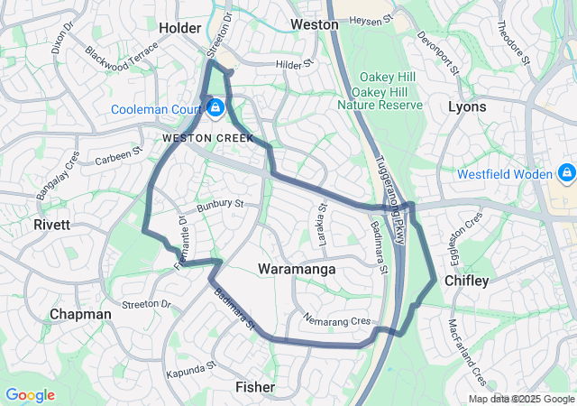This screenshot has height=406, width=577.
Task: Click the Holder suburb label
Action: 179,28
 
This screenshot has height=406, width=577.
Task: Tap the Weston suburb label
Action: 314,23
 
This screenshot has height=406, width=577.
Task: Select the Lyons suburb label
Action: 467,106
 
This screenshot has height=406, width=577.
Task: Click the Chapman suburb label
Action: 80,314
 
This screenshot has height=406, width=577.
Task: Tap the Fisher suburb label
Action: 255,386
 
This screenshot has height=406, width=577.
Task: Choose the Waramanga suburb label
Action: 297,269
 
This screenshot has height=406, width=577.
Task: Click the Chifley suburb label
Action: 466,281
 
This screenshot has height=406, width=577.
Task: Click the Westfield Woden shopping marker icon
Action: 566,172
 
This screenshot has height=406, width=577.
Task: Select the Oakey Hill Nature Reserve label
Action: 380,92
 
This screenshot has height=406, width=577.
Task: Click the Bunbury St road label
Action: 221,205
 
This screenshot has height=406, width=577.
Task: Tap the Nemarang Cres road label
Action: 337,320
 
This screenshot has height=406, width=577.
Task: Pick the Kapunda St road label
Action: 192,371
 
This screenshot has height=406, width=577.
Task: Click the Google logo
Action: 30,395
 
